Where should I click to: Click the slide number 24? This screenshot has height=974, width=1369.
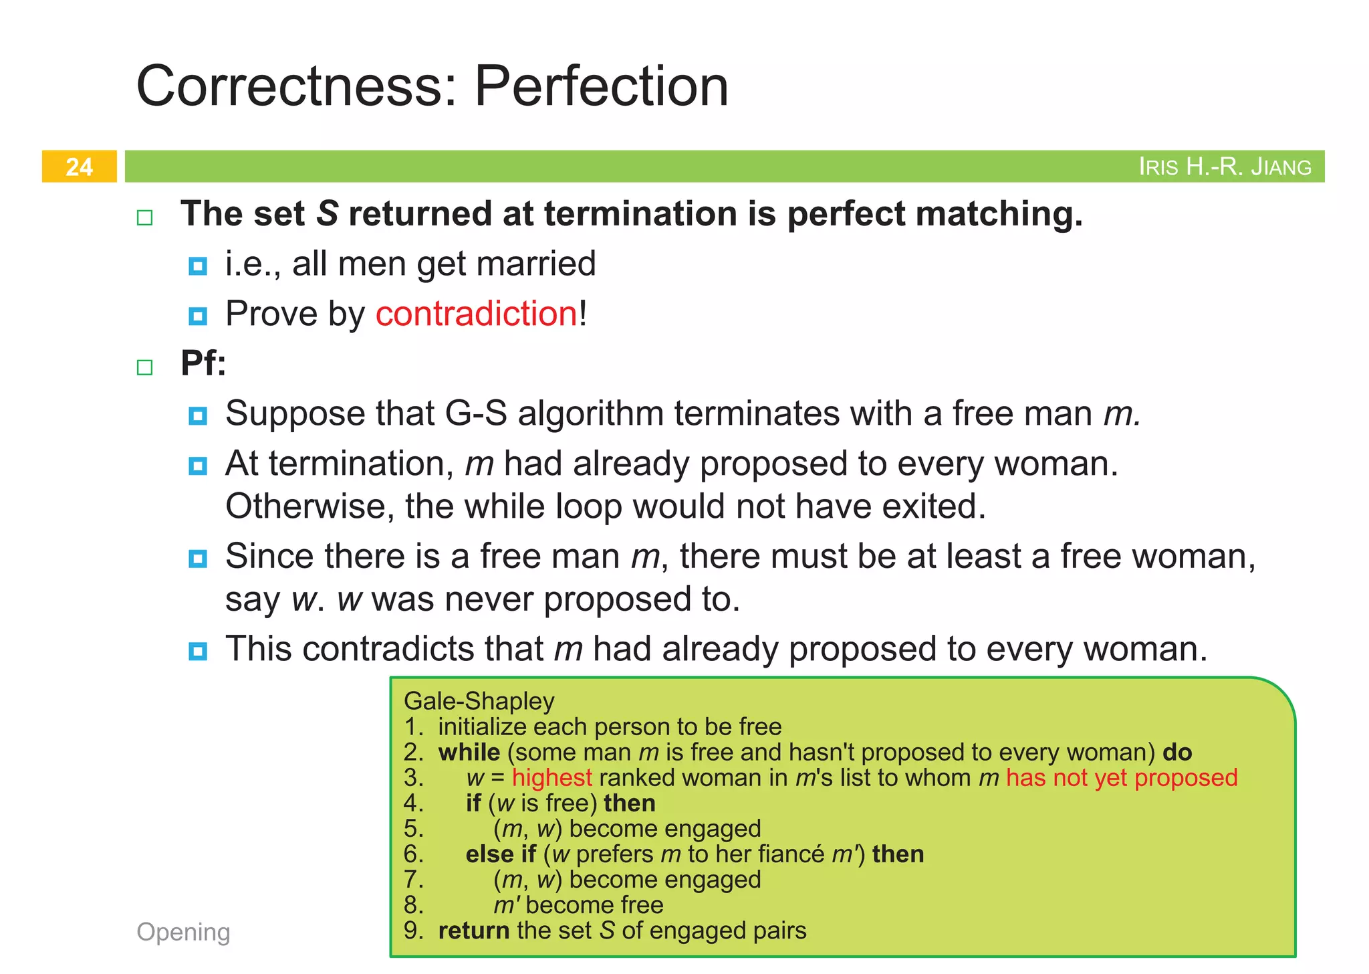(79, 167)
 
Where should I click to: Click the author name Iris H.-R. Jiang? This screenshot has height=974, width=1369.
(1225, 167)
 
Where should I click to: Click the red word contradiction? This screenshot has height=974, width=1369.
(477, 314)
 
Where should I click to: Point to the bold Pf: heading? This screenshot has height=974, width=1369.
(203, 363)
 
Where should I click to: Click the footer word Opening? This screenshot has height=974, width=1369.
(183, 932)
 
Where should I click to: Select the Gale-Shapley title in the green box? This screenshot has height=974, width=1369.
(479, 701)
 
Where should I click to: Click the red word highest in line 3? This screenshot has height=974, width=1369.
(552, 777)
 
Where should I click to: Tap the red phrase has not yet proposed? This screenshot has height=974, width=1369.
(1122, 777)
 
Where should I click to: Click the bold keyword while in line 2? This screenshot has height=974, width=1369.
(469, 752)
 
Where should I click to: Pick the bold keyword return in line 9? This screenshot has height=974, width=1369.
(474, 931)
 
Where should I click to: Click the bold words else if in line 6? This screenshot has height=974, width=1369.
(501, 854)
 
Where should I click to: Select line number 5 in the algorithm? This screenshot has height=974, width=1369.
(413, 829)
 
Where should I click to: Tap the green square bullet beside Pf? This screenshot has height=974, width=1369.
(145, 367)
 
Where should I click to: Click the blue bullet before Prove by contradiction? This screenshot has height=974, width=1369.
(198, 315)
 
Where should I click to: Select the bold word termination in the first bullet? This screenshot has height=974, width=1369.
(640, 214)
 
